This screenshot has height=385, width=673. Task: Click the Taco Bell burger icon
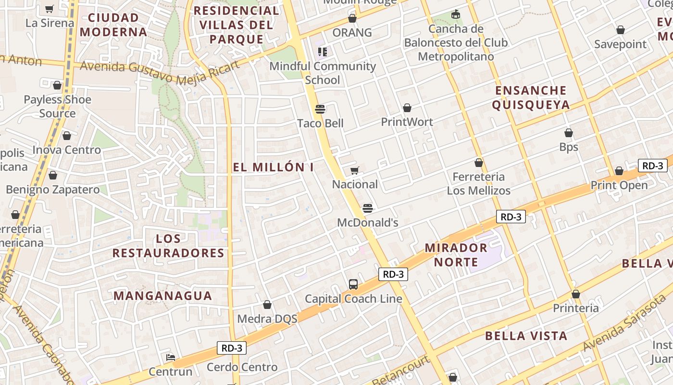(x=320, y=109)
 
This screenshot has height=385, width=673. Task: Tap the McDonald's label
(x=368, y=223)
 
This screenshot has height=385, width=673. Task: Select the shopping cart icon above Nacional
(x=355, y=170)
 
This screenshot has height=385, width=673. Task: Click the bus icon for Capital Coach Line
(x=353, y=284)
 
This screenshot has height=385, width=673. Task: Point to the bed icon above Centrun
(x=170, y=358)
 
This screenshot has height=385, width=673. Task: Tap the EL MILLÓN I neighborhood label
(x=273, y=167)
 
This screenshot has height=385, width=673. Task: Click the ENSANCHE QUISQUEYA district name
(x=531, y=98)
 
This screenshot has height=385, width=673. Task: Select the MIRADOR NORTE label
(x=456, y=255)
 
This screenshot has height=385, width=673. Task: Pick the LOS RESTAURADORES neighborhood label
(x=168, y=246)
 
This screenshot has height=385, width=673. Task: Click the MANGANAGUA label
(x=162, y=296)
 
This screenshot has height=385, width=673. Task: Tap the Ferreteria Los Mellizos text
(x=478, y=184)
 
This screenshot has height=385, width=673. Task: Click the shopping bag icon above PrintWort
(x=407, y=108)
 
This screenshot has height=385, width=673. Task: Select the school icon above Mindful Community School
(x=322, y=51)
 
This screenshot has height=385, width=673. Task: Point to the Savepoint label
(x=620, y=44)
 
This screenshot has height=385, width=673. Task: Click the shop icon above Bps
(x=569, y=133)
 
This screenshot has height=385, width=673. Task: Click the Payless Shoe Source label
(x=57, y=106)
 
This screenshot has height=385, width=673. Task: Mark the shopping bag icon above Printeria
(x=575, y=294)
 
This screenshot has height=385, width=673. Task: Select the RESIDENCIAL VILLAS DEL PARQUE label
(x=236, y=25)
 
